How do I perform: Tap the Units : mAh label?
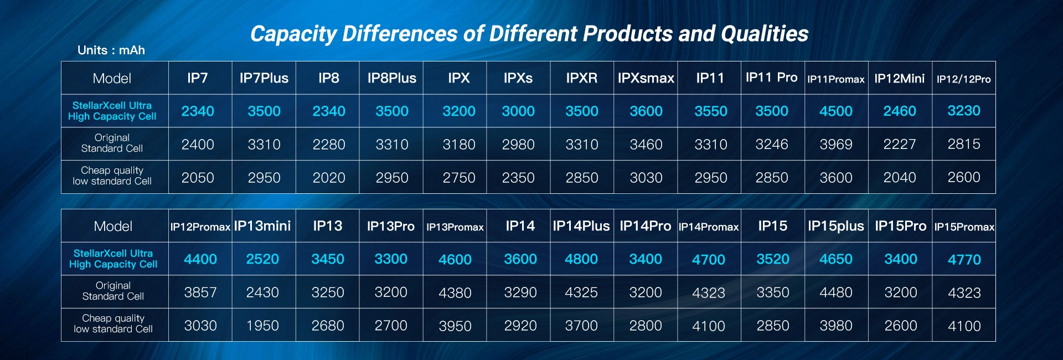[111, 50]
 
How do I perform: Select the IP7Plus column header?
[264, 78]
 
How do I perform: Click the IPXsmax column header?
[646, 78]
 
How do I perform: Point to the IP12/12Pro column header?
[964, 79]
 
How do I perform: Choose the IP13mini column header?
[262, 226]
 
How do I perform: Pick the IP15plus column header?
[836, 226]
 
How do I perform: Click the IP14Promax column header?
[709, 227]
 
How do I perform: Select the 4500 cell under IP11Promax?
[836, 111]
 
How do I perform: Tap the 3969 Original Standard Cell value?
[836, 145]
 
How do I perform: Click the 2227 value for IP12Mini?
[900, 145]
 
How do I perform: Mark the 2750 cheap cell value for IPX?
[459, 178]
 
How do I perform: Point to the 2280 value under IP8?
[329, 145]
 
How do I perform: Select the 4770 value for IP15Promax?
[964, 260]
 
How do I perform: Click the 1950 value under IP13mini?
[262, 326]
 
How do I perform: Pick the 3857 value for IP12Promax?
[200, 292]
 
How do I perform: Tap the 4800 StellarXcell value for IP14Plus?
[581, 259]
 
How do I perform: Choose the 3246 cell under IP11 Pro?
[772, 145]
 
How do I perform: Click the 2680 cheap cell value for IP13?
[328, 326]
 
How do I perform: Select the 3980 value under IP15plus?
[836, 326]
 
